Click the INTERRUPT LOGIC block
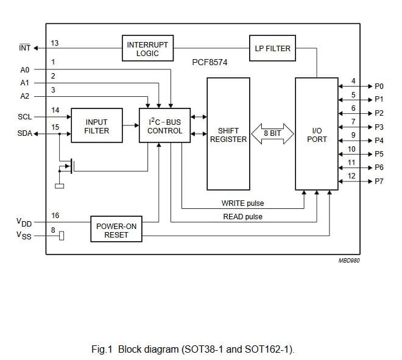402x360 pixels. [x=147, y=48]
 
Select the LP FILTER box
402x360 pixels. [x=272, y=48]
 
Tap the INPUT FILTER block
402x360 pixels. [x=97, y=125]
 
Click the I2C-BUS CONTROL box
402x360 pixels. [x=164, y=125]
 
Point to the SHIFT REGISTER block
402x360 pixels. [x=228, y=134]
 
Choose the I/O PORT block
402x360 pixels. [x=317, y=134]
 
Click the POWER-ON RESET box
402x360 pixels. [x=116, y=229]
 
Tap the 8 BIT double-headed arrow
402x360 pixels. [x=272, y=133]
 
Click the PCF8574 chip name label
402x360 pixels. [x=210, y=62]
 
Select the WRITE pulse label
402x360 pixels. [x=242, y=203]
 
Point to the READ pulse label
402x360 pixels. [x=242, y=217]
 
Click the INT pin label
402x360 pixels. [x=24, y=48]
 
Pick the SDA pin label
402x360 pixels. [x=24, y=133]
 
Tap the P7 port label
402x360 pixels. [x=379, y=182]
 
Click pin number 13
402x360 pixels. [x=55, y=43]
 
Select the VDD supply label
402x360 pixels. [x=24, y=222]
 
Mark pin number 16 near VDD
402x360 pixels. [x=55, y=216]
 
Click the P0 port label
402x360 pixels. [x=379, y=86]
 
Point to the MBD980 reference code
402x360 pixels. [x=349, y=261]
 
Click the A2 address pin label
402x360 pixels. [x=24, y=96]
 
